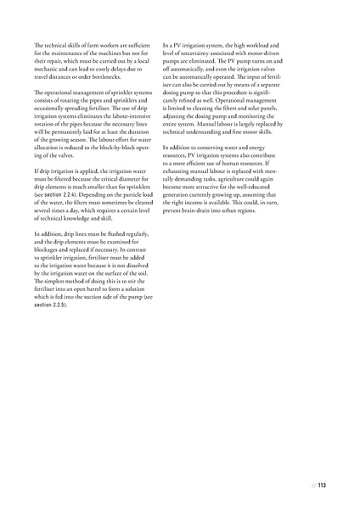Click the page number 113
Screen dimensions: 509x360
(x=323, y=486)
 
